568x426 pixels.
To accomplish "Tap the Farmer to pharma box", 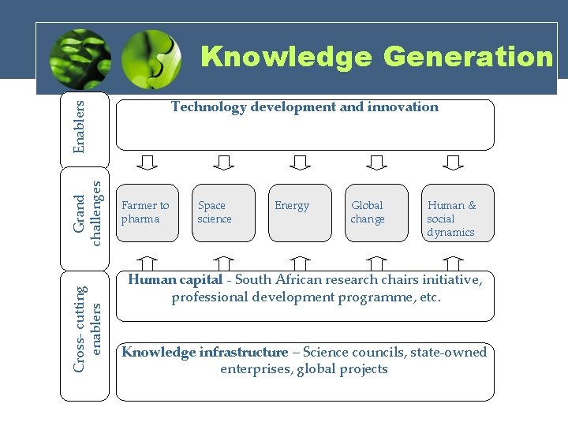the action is pos(147,213).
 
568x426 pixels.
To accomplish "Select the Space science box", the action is pos(223,213).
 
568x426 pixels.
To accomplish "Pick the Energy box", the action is pos(299,213).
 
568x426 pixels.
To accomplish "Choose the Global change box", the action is pos(376,213).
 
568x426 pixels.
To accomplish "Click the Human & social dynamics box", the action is pos(453,213).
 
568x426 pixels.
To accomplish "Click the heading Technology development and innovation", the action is pos(305,107).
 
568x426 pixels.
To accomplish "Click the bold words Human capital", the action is pos(175,280).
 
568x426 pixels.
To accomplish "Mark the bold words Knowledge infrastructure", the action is pos(205,353).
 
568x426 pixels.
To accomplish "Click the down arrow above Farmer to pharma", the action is pos(148,163).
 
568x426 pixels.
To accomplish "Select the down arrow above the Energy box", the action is pos(300,163).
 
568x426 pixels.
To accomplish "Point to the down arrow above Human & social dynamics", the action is pos(453,163).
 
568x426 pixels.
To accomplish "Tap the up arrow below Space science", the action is pos(224,263).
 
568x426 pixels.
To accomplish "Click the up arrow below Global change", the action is pos(376,263).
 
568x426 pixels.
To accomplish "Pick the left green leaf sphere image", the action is pos(77,58).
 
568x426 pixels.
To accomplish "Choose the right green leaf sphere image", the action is pos(153,58).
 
